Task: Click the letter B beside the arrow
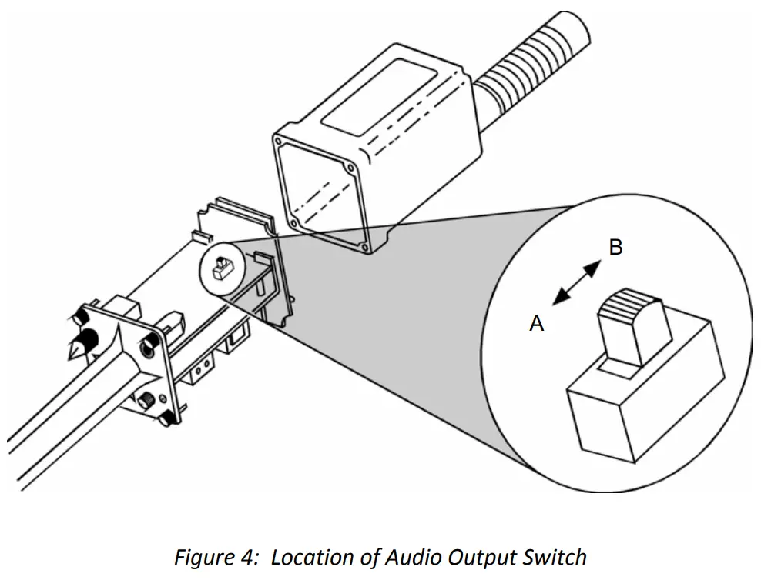[615, 248]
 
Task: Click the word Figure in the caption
[202, 556]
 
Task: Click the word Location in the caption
[309, 556]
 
